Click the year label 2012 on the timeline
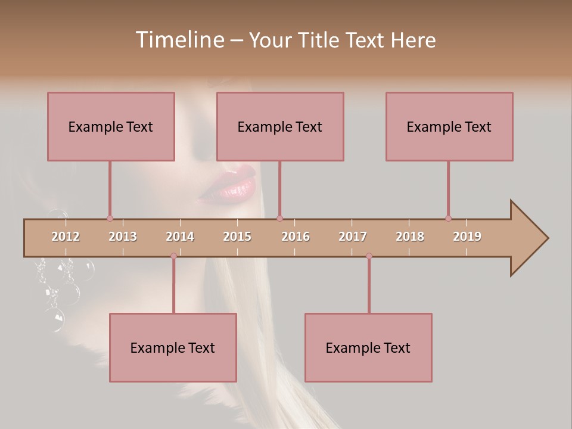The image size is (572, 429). point(66,237)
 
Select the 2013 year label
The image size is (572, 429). point(123,237)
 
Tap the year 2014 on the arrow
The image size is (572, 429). point(180,237)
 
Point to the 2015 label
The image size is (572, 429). point(237,237)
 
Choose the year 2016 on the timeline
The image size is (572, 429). point(296,237)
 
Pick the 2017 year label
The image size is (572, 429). point(353,237)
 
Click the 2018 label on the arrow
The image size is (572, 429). point(410,237)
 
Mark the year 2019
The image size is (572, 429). point(467,237)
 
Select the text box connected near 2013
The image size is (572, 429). point(111,126)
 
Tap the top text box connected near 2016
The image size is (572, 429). point(280,126)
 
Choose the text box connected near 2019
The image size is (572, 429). point(449,126)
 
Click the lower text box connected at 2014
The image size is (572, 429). point(173,347)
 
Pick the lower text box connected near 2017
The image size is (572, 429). point(368,347)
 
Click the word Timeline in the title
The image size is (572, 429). point(178,40)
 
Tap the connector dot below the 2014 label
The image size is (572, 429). point(173,256)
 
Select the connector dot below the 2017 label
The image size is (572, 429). point(369,256)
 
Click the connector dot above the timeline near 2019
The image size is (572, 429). point(448,218)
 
